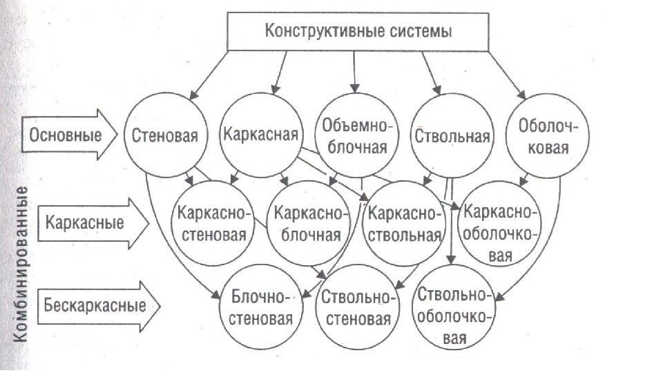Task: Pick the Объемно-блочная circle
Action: tap(356, 135)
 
